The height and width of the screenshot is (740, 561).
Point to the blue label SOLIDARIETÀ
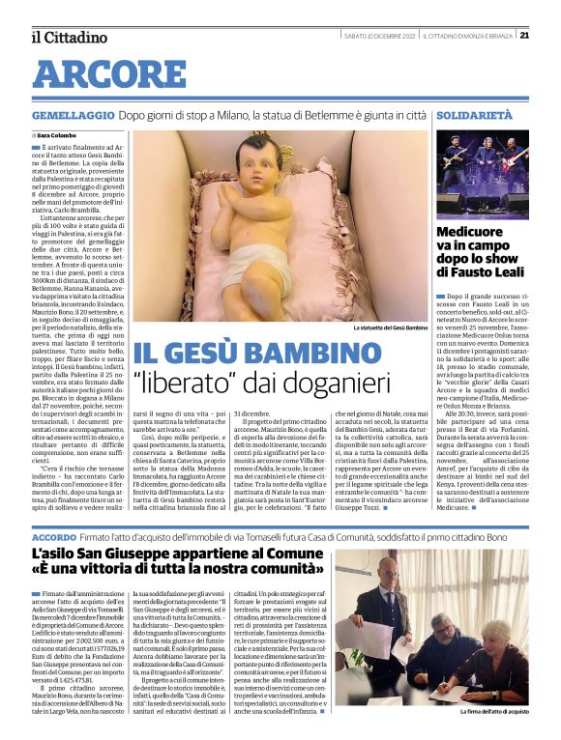pos(473,114)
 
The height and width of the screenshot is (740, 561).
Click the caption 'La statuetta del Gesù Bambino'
pos(390,327)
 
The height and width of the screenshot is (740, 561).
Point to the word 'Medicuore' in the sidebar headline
pos(470,233)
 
